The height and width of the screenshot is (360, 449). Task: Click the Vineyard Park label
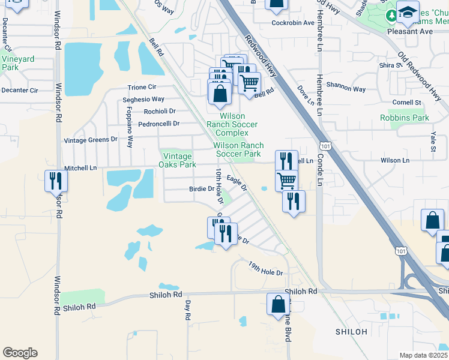coord(17,63)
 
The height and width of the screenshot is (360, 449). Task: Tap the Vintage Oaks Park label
coord(178,160)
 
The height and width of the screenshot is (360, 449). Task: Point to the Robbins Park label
coord(405,118)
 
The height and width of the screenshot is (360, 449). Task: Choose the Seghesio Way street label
coord(143,100)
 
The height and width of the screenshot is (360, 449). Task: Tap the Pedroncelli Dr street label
coord(159,124)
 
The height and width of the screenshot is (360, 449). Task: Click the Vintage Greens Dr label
coord(91,140)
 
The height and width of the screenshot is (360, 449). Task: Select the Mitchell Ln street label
coord(80,169)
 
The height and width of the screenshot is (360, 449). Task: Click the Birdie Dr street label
coord(202,188)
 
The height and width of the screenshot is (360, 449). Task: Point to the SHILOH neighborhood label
coord(351,332)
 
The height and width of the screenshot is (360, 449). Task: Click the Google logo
coord(20,353)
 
